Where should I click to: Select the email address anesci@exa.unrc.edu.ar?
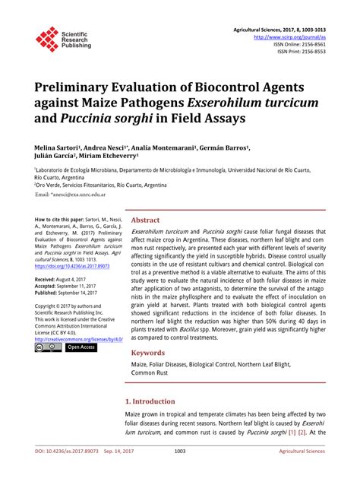click(83, 195)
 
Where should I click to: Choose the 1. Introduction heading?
click(156, 401)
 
